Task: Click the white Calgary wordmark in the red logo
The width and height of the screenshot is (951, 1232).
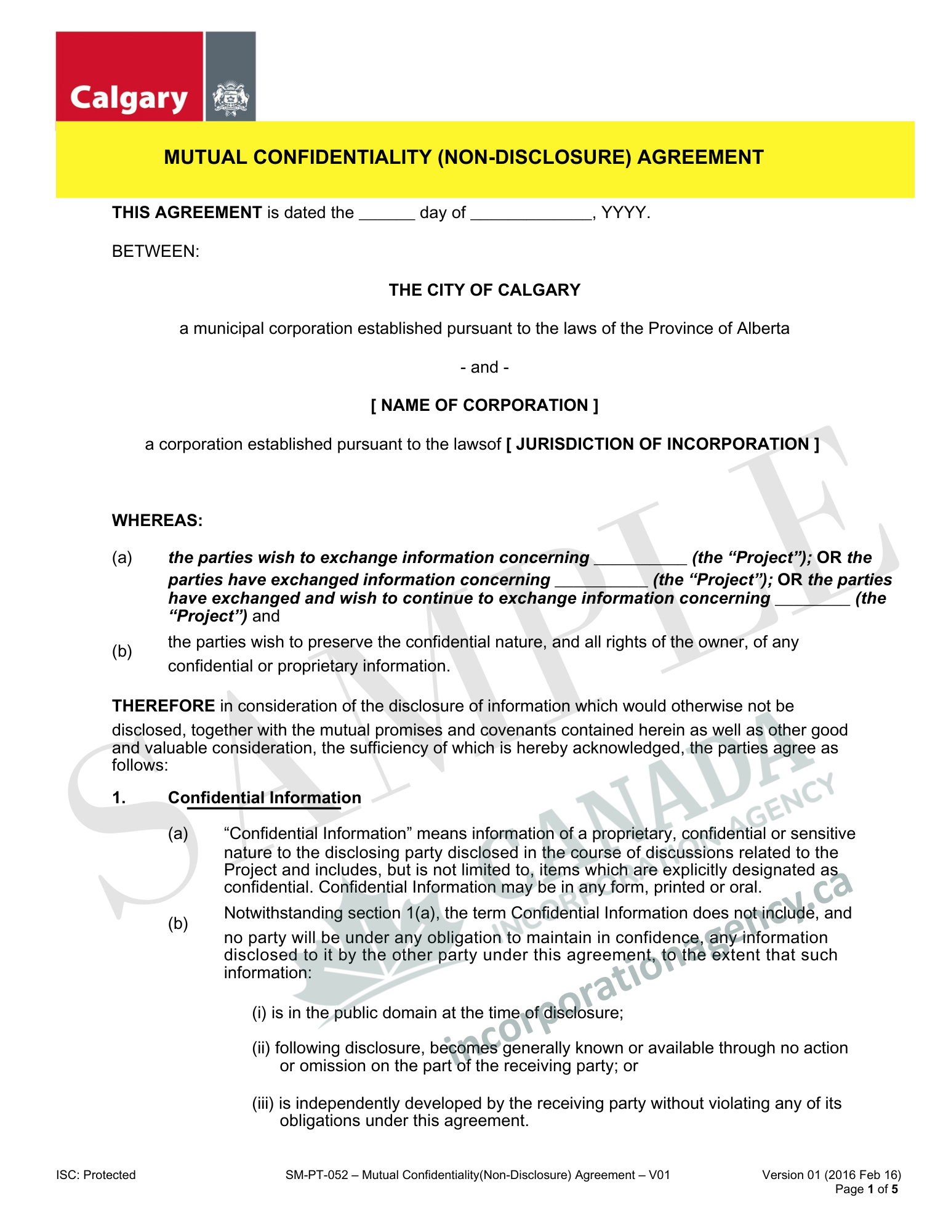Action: tap(129, 99)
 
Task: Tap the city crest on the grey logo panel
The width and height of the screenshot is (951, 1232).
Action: tap(230, 98)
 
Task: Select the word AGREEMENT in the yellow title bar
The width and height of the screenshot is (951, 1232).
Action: tap(700, 158)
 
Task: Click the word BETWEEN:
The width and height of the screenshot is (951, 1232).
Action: tap(156, 251)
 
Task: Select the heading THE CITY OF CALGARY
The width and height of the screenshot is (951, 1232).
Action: tap(484, 290)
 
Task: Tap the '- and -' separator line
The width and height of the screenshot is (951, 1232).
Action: tap(484, 367)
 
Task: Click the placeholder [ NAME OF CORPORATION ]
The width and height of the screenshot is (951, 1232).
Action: tap(484, 405)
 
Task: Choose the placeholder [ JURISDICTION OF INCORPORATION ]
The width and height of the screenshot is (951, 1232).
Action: tap(662, 444)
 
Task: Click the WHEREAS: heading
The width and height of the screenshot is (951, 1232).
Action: tap(157, 521)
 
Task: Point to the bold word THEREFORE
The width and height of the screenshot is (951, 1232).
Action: tap(163, 706)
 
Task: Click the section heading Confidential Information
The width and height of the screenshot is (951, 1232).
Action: tap(265, 798)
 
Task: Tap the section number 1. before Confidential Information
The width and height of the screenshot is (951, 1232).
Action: tap(119, 798)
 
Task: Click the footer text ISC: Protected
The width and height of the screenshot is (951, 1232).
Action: tap(96, 1175)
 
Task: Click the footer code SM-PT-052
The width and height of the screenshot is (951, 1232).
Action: tap(317, 1175)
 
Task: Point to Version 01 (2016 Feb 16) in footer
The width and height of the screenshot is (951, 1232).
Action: tap(831, 1175)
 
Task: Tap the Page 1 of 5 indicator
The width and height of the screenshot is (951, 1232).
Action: tap(866, 1189)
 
